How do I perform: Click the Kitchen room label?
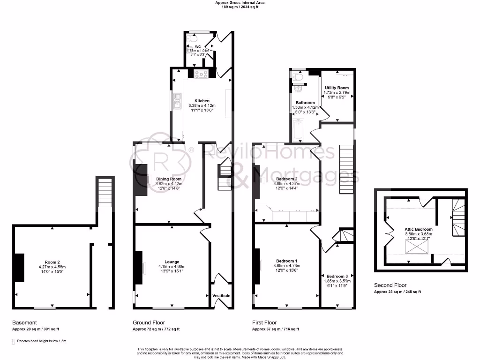[202, 101]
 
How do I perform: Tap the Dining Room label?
[169, 179]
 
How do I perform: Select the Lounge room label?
[172, 262]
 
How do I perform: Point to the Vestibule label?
[221, 296]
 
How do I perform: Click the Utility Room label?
[337, 88]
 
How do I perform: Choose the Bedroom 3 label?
[337, 276]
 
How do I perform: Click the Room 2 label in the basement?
[52, 262]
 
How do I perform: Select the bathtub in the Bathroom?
[299, 130]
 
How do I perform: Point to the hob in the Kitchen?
[202, 74]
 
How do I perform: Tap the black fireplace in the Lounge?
[139, 267]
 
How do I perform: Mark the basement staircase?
[105, 192]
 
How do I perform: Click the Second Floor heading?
[390, 285]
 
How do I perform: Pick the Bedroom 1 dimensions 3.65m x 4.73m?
[286, 266]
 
